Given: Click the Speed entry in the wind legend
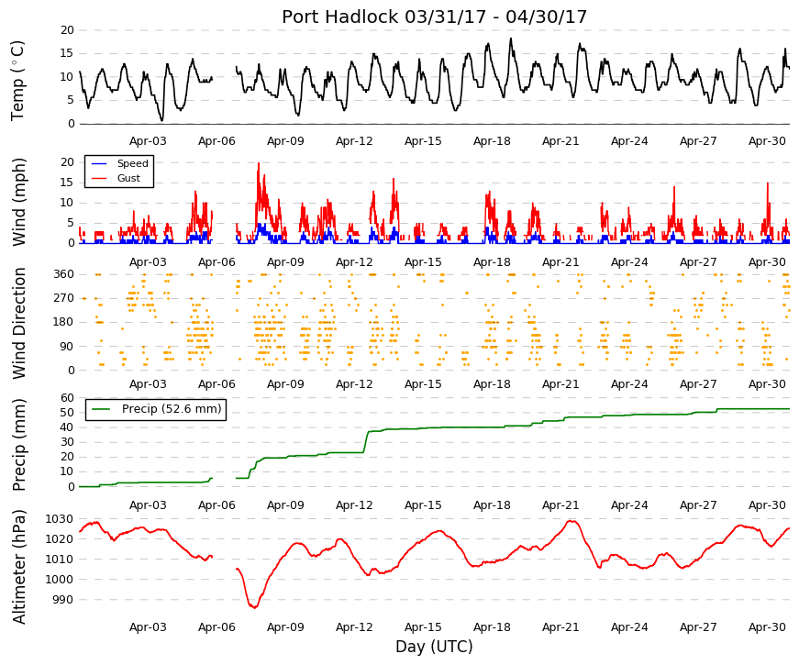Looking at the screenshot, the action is [x=132, y=163].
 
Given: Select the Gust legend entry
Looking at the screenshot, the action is [x=128, y=178].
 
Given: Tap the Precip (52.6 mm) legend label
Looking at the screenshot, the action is [x=172, y=409].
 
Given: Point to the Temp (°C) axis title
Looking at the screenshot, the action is [x=17, y=81].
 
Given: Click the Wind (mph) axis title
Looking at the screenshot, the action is [x=18, y=203].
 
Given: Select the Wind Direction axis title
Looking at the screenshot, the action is [x=18, y=324].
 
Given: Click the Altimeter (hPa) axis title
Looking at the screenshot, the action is [x=18, y=567].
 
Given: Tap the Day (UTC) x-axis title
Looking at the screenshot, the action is [x=434, y=647].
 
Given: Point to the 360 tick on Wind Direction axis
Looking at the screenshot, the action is [x=64, y=274].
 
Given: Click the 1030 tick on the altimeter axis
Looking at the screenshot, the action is [x=59, y=519].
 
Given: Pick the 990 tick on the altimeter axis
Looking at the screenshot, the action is [x=62, y=600].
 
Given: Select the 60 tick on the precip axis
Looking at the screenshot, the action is [x=68, y=398].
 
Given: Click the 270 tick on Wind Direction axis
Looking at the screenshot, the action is [x=64, y=298].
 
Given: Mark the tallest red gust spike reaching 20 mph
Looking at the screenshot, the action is [x=259, y=164].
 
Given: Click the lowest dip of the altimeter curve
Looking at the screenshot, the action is [x=254, y=607].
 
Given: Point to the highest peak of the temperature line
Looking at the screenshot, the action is [x=511, y=39].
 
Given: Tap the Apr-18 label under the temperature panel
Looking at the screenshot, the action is [x=492, y=141].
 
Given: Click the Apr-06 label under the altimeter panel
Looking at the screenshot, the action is [x=216, y=627].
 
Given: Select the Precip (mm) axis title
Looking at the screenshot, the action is [x=18, y=445].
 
